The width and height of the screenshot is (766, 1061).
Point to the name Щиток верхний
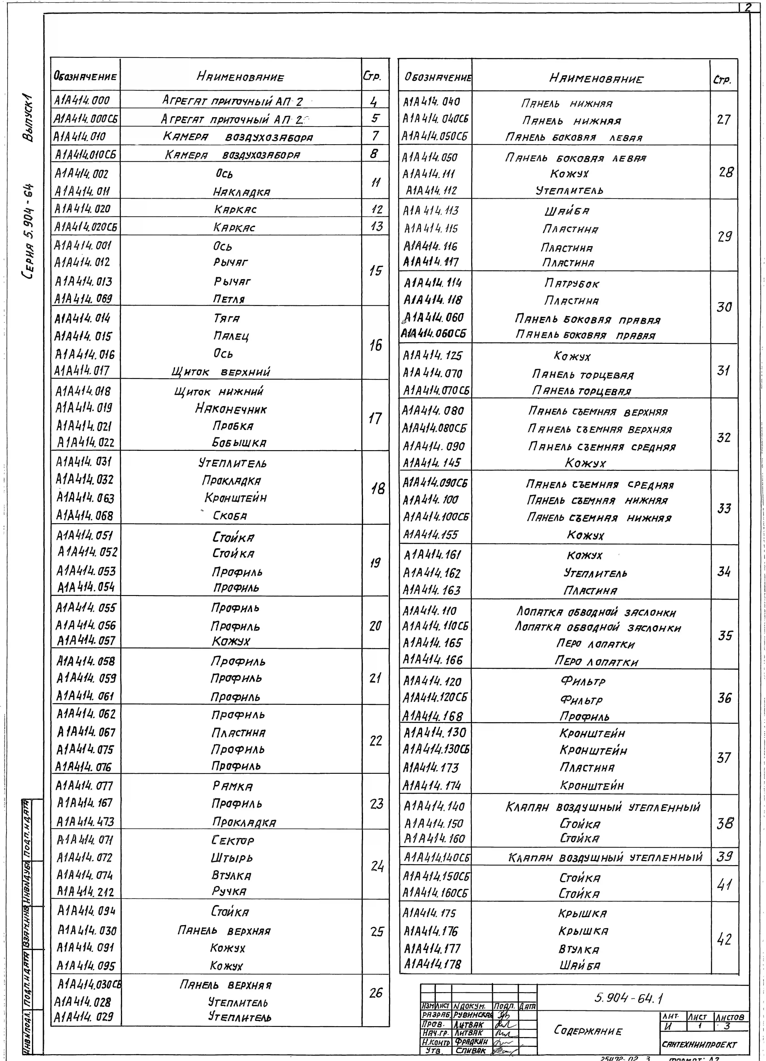tap(221, 372)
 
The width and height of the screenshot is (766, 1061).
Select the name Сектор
tap(233, 840)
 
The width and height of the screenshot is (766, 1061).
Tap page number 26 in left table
tap(375, 993)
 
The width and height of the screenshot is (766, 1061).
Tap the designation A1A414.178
tap(432, 964)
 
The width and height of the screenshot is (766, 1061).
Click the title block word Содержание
tap(588, 1030)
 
